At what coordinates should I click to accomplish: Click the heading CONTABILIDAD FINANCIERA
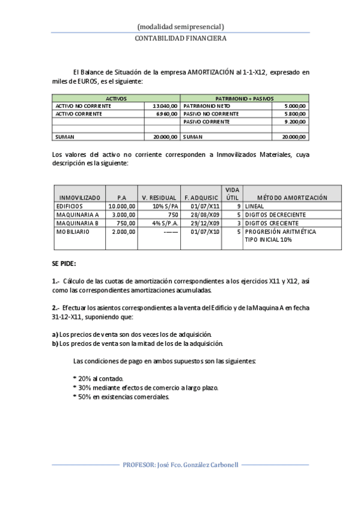coord(180,37)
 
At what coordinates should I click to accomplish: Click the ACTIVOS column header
coord(116,97)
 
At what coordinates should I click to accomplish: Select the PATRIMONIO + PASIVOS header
coord(244,97)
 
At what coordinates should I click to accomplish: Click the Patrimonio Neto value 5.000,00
coord(293,105)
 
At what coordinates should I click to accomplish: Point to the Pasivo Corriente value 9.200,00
coord(293,121)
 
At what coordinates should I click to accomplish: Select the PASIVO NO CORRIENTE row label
coord(207,113)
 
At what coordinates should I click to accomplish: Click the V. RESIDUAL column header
coord(159,197)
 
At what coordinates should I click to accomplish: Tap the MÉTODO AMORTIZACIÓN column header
coord(292,197)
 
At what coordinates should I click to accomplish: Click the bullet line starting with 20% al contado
coord(98,378)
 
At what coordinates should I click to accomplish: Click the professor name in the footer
coord(180,465)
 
